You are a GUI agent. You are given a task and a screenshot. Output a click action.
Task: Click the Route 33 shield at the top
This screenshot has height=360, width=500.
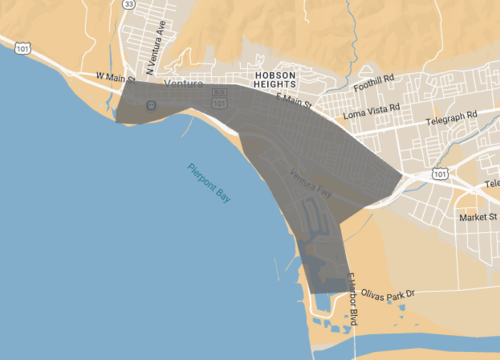(x=129, y=4)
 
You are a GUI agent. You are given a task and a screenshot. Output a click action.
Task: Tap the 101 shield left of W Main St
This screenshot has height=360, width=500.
(x=22, y=45)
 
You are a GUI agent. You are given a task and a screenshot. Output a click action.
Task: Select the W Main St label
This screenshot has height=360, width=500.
(x=113, y=76)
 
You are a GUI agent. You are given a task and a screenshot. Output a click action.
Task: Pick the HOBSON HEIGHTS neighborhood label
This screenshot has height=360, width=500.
(x=276, y=80)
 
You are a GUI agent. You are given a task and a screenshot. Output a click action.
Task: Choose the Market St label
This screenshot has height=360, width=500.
(x=478, y=216)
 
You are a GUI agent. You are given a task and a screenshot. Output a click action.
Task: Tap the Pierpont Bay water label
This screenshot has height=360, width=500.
(x=209, y=185)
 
